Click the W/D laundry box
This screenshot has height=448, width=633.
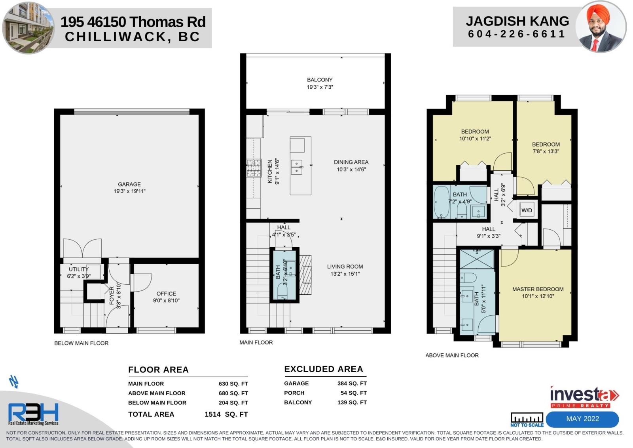coord(527,210)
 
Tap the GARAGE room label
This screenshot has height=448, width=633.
coord(129,184)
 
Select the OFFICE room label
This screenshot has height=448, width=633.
coord(166,294)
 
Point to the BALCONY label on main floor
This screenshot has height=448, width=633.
coord(320,80)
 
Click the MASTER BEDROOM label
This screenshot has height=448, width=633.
coord(538,289)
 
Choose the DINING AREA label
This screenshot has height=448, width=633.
coord(351,162)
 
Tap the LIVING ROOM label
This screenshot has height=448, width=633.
coord(345,267)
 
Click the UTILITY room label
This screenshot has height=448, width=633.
coord(79,269)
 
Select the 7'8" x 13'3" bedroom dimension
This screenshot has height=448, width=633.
coord(546,151)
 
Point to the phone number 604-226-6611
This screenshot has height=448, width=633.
coord(517,34)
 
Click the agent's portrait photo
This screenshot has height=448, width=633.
coord(601,27)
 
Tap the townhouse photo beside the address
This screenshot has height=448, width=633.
coord(28,27)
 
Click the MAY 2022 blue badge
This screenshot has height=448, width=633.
coord(582,419)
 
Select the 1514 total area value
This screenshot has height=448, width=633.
coord(212,414)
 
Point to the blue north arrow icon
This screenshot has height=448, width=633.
coord(14,381)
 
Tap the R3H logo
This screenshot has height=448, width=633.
coord(33,414)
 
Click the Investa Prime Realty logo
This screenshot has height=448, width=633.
coord(584,397)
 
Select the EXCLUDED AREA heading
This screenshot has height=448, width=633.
coord(324,369)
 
